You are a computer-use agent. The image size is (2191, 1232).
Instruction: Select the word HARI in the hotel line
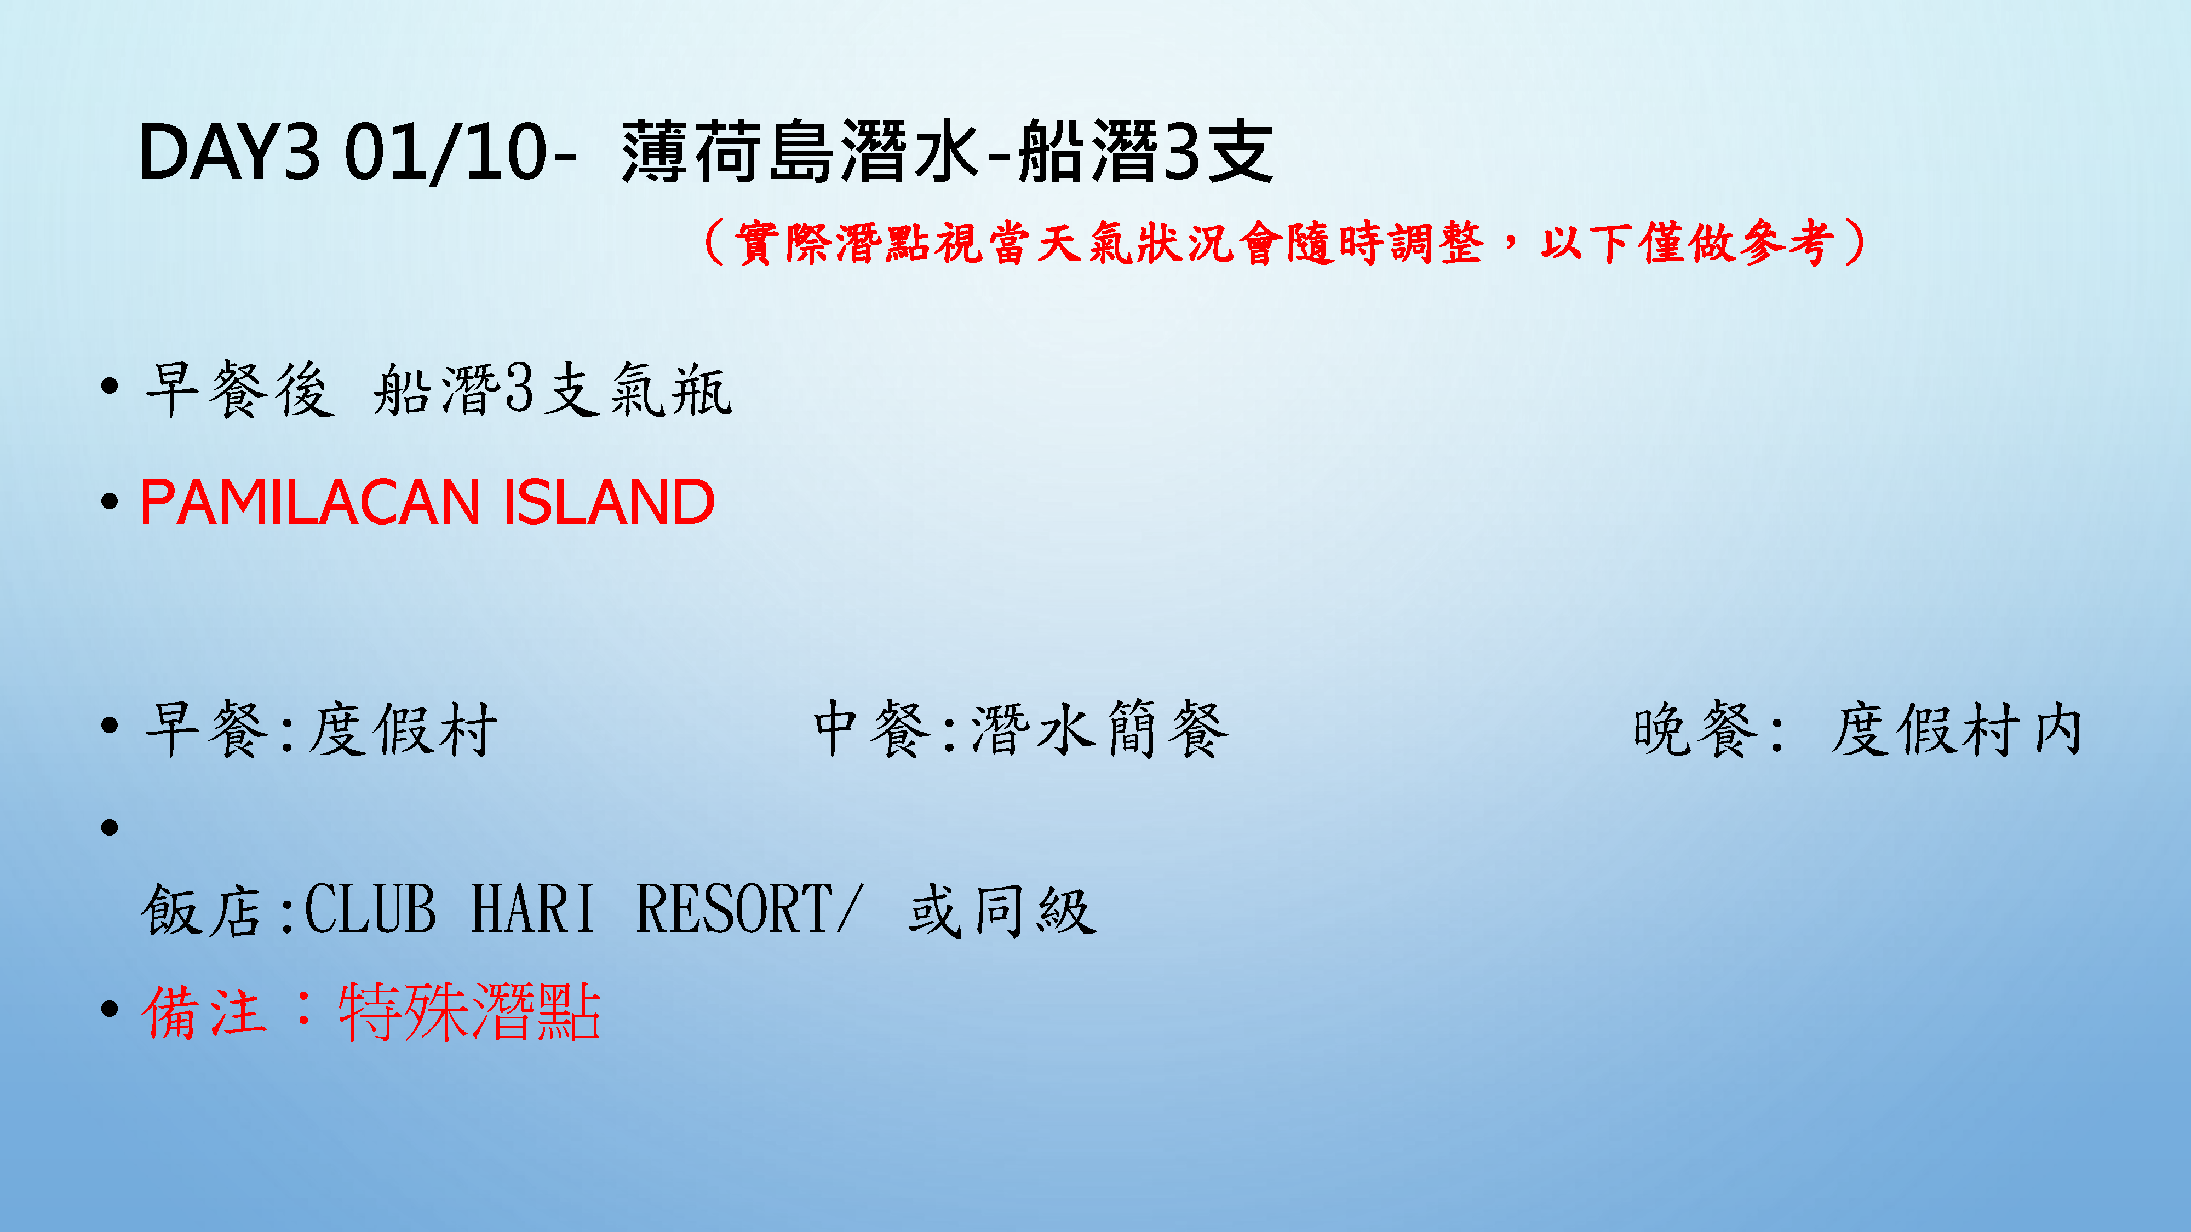pyautogui.click(x=532, y=909)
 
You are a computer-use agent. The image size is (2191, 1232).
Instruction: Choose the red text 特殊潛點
pyautogui.click(x=469, y=1012)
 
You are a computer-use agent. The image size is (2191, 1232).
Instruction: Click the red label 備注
pyautogui.click(x=204, y=1012)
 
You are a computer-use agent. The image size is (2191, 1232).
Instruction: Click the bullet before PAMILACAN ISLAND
pyautogui.click(x=109, y=502)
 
